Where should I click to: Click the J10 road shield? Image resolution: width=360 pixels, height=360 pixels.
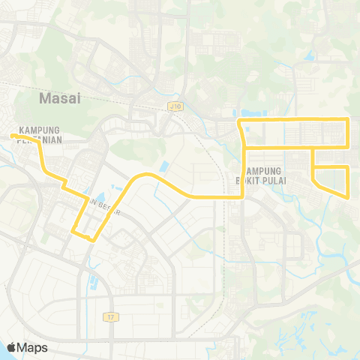pos(175,108)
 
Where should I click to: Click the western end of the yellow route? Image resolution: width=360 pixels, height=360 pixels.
pos(12,136)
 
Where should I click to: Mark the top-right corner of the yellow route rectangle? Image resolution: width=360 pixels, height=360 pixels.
pos(349,119)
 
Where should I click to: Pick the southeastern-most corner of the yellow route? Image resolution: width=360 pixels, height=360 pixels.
pos(349,197)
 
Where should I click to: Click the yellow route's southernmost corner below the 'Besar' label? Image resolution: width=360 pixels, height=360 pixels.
pos(91,240)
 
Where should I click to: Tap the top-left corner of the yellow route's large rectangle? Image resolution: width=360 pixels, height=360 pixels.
pos(239,120)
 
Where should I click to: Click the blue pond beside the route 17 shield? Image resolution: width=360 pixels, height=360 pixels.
pos(94,283)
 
